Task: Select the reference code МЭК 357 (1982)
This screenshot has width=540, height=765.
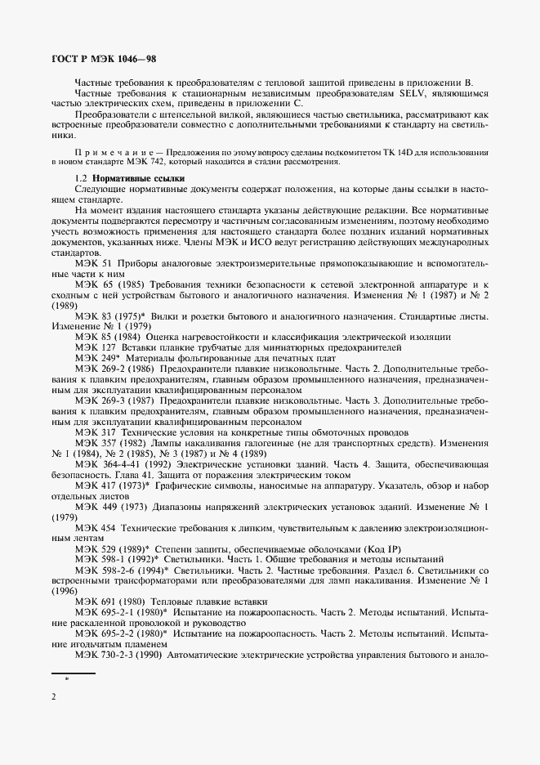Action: [x=108, y=443]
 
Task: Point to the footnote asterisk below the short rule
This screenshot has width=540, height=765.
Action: [x=67, y=679]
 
